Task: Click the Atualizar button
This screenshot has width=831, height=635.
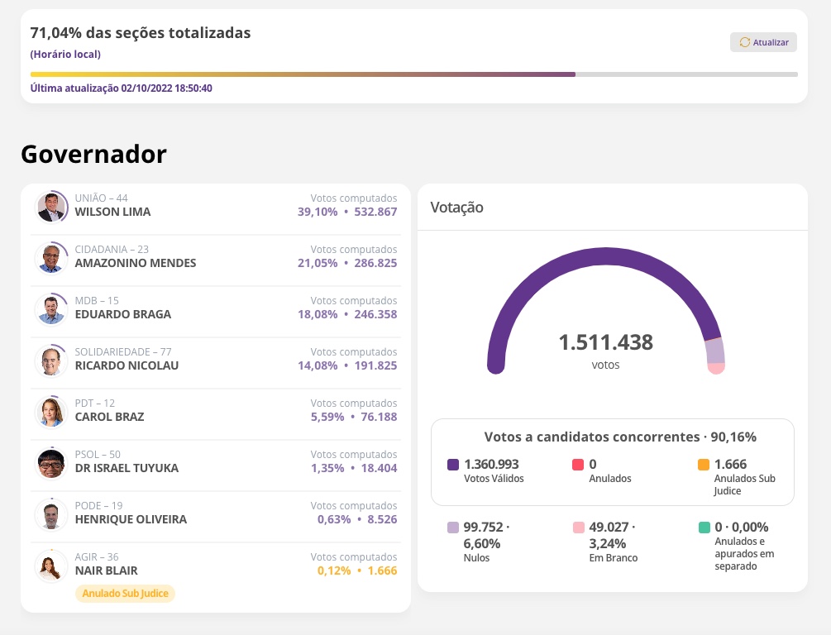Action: coord(763,42)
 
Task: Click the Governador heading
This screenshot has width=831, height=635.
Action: coord(93,154)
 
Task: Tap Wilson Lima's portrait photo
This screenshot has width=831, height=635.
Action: coord(51,207)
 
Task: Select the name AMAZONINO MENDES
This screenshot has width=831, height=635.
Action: coord(136,263)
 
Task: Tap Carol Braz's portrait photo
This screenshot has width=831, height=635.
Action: coord(51,412)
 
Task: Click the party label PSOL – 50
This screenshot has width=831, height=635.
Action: coord(98,454)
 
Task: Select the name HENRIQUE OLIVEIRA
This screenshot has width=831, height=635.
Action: coord(131,519)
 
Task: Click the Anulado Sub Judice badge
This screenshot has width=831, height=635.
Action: coord(126,594)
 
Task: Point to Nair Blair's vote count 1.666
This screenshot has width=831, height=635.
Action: coord(382,571)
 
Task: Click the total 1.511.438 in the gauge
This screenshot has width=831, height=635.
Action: coord(605,342)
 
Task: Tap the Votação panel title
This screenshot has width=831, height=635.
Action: coord(456,208)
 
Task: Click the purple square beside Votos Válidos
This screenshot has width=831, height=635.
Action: coord(453,465)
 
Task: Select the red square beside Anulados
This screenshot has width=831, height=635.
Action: coord(578,465)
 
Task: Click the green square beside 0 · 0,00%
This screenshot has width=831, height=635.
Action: coord(704,528)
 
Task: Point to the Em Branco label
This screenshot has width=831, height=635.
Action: coord(613,558)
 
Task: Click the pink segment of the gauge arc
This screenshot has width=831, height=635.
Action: coord(716,367)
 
